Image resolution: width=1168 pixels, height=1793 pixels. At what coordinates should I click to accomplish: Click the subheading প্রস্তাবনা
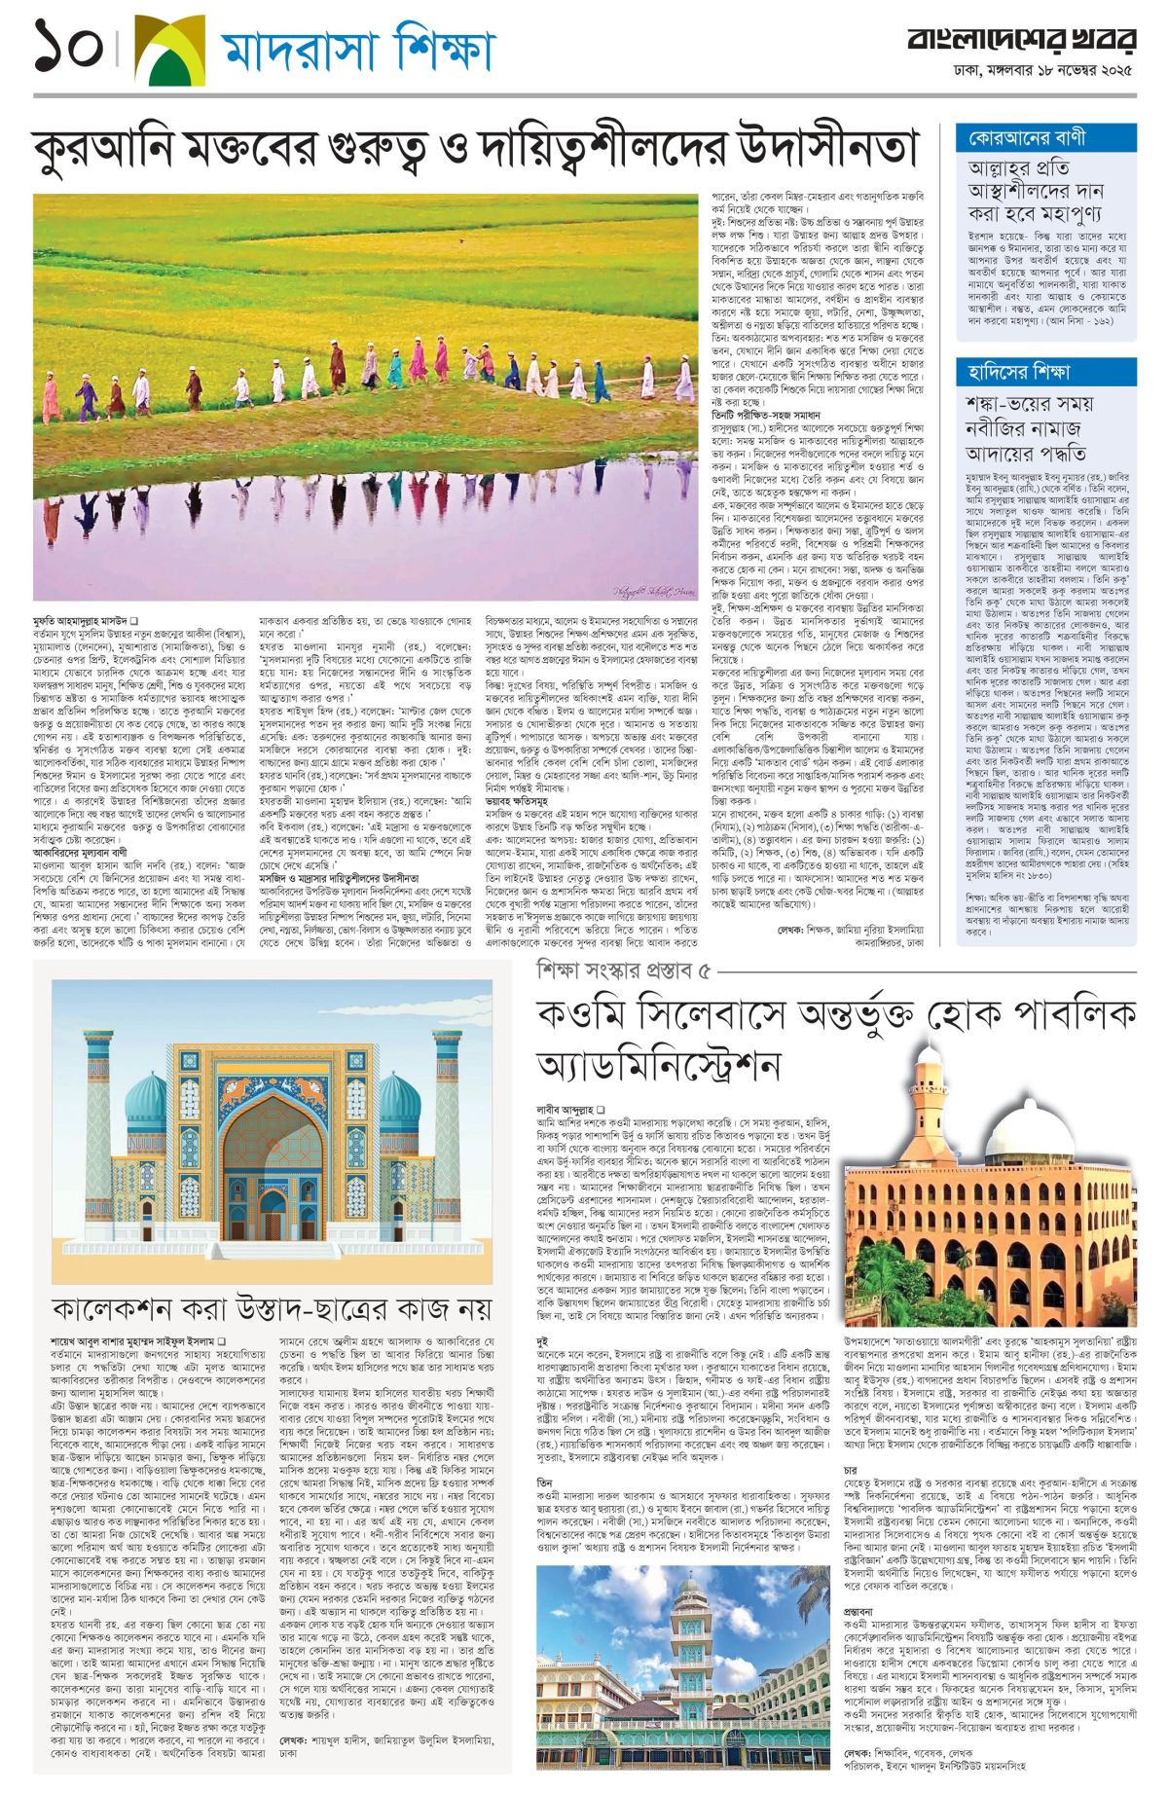(862, 1611)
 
